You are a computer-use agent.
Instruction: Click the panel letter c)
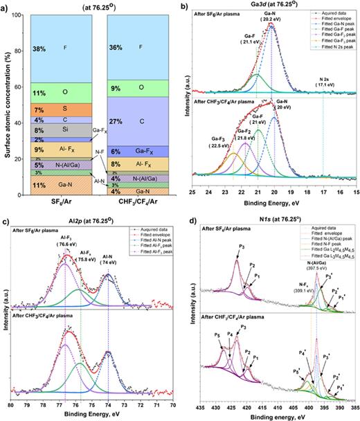pyautogui.click(x=6, y=220)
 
